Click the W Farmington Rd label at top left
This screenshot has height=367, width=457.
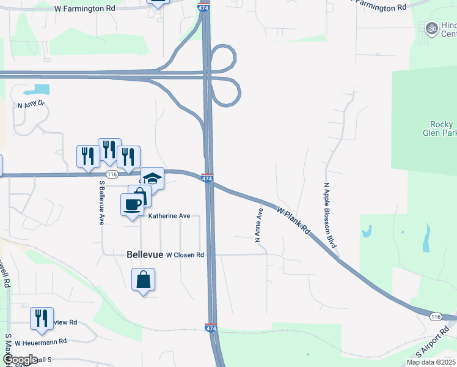click(84, 9)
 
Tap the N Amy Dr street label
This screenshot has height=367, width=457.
click(32, 105)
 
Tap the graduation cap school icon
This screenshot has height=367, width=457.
click(153, 179)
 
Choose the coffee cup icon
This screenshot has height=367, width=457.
click(133, 204)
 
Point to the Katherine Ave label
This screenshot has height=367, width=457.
click(170, 216)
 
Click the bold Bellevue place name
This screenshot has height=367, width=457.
click(145, 254)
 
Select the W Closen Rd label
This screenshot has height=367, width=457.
click(185, 254)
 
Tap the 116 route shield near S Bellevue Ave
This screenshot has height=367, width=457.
click(111, 174)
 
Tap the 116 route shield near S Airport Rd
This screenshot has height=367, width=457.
click(435, 317)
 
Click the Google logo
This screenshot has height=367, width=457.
click(20, 360)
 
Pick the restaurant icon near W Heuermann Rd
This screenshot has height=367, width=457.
click(42, 319)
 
